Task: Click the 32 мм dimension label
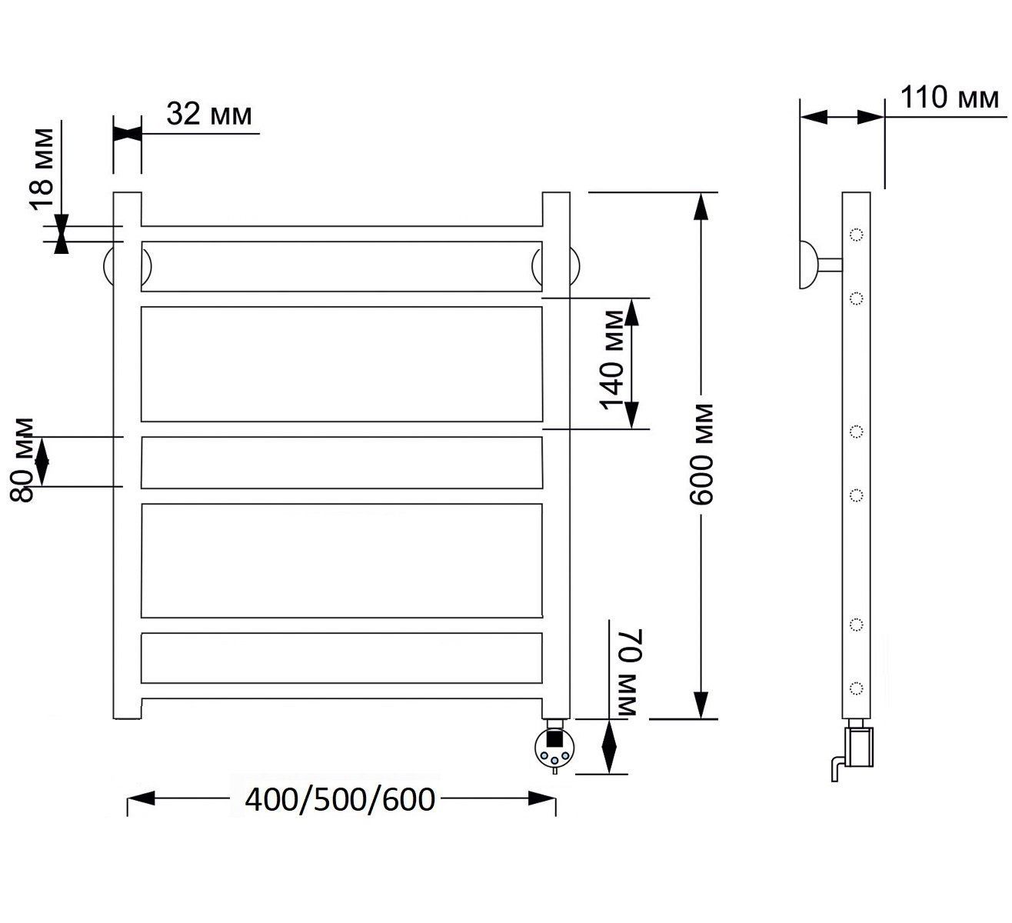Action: [209, 114]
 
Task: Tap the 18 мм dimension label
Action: [42, 169]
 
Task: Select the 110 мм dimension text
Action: [949, 98]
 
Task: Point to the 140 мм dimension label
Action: [611, 360]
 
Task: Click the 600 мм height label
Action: [702, 454]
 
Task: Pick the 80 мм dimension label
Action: [22, 460]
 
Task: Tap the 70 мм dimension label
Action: [628, 672]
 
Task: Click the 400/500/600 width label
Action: [340, 800]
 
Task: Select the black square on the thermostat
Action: [555, 739]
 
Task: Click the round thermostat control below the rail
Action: [555, 746]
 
